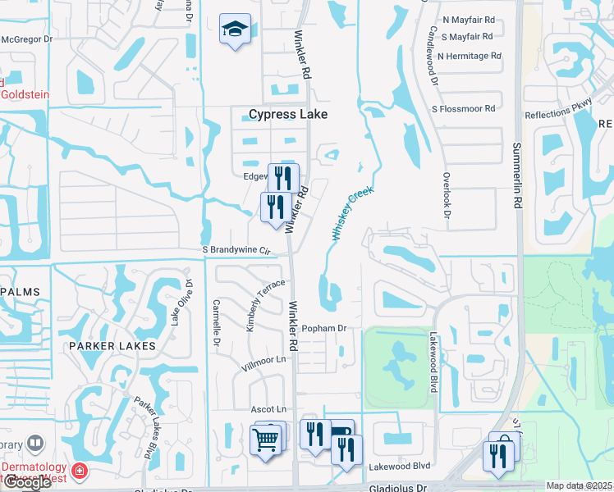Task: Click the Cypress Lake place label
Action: (x=288, y=115)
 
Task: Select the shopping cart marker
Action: (x=266, y=440)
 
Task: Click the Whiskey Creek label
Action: (x=353, y=212)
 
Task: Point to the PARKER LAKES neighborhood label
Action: (x=112, y=346)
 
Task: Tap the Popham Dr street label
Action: (x=325, y=328)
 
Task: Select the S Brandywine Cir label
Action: (x=236, y=250)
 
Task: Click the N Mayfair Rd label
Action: (x=469, y=20)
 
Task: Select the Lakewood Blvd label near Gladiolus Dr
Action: (x=400, y=466)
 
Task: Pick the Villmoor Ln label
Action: (x=268, y=359)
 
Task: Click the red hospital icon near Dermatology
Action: (x=80, y=471)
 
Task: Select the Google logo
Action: (x=26, y=482)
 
